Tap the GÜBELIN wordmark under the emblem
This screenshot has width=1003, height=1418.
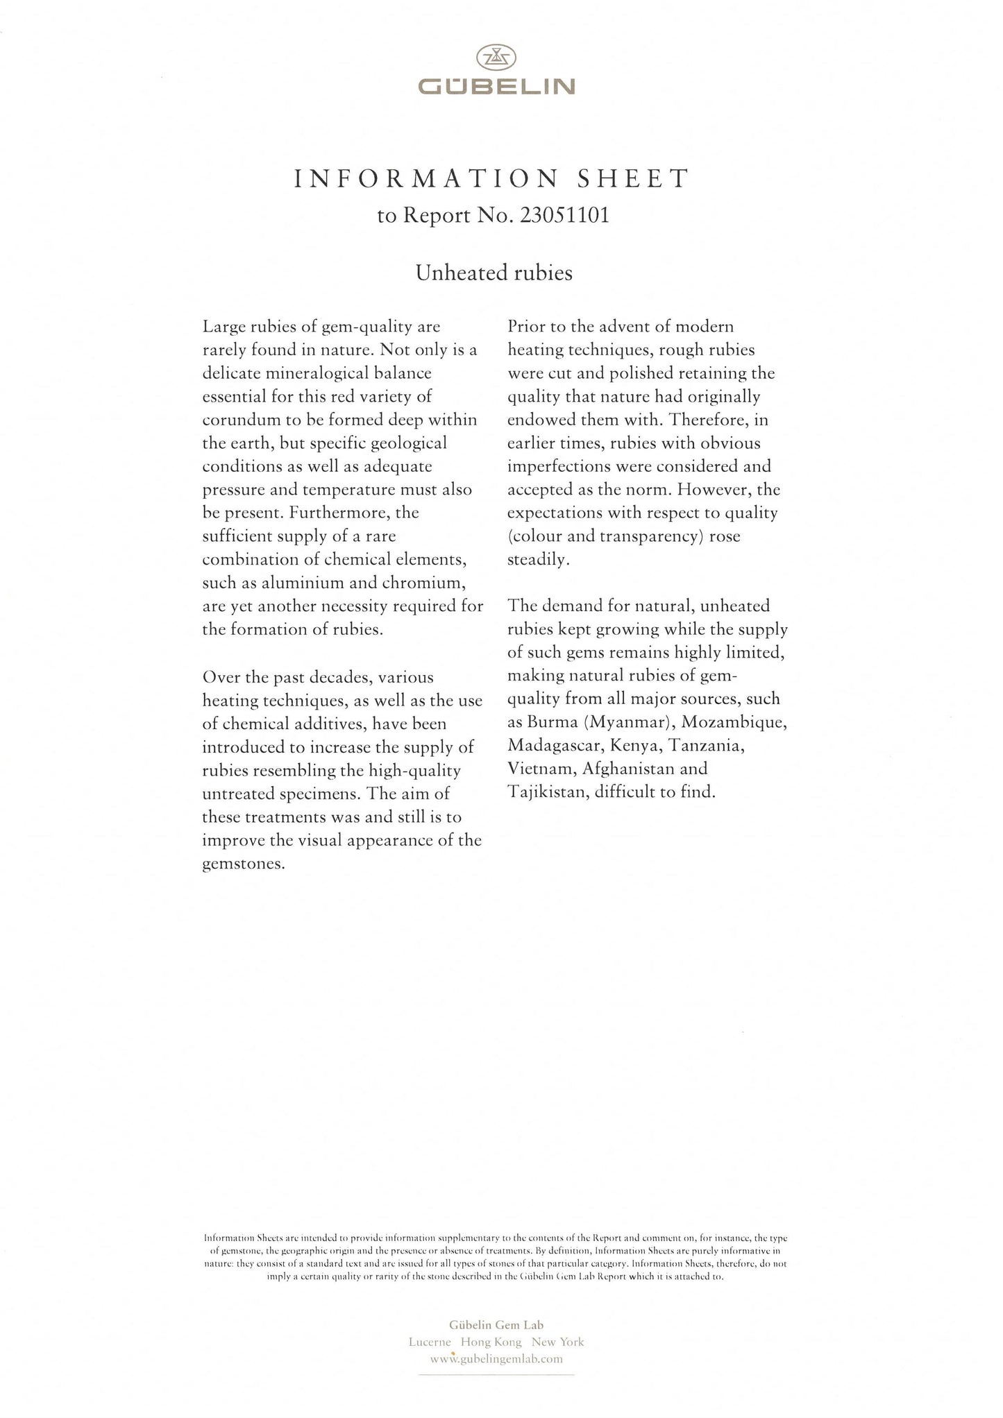click(x=496, y=86)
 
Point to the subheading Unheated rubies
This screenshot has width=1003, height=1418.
click(x=494, y=273)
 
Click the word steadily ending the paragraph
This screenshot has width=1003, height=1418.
click(x=538, y=559)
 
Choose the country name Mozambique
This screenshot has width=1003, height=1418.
click(x=734, y=722)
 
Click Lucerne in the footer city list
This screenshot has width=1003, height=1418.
click(x=430, y=1342)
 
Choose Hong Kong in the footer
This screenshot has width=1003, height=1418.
click(x=496, y=1342)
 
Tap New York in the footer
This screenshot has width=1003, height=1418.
click(x=558, y=1342)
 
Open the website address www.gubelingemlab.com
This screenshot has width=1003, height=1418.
click(x=496, y=1359)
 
